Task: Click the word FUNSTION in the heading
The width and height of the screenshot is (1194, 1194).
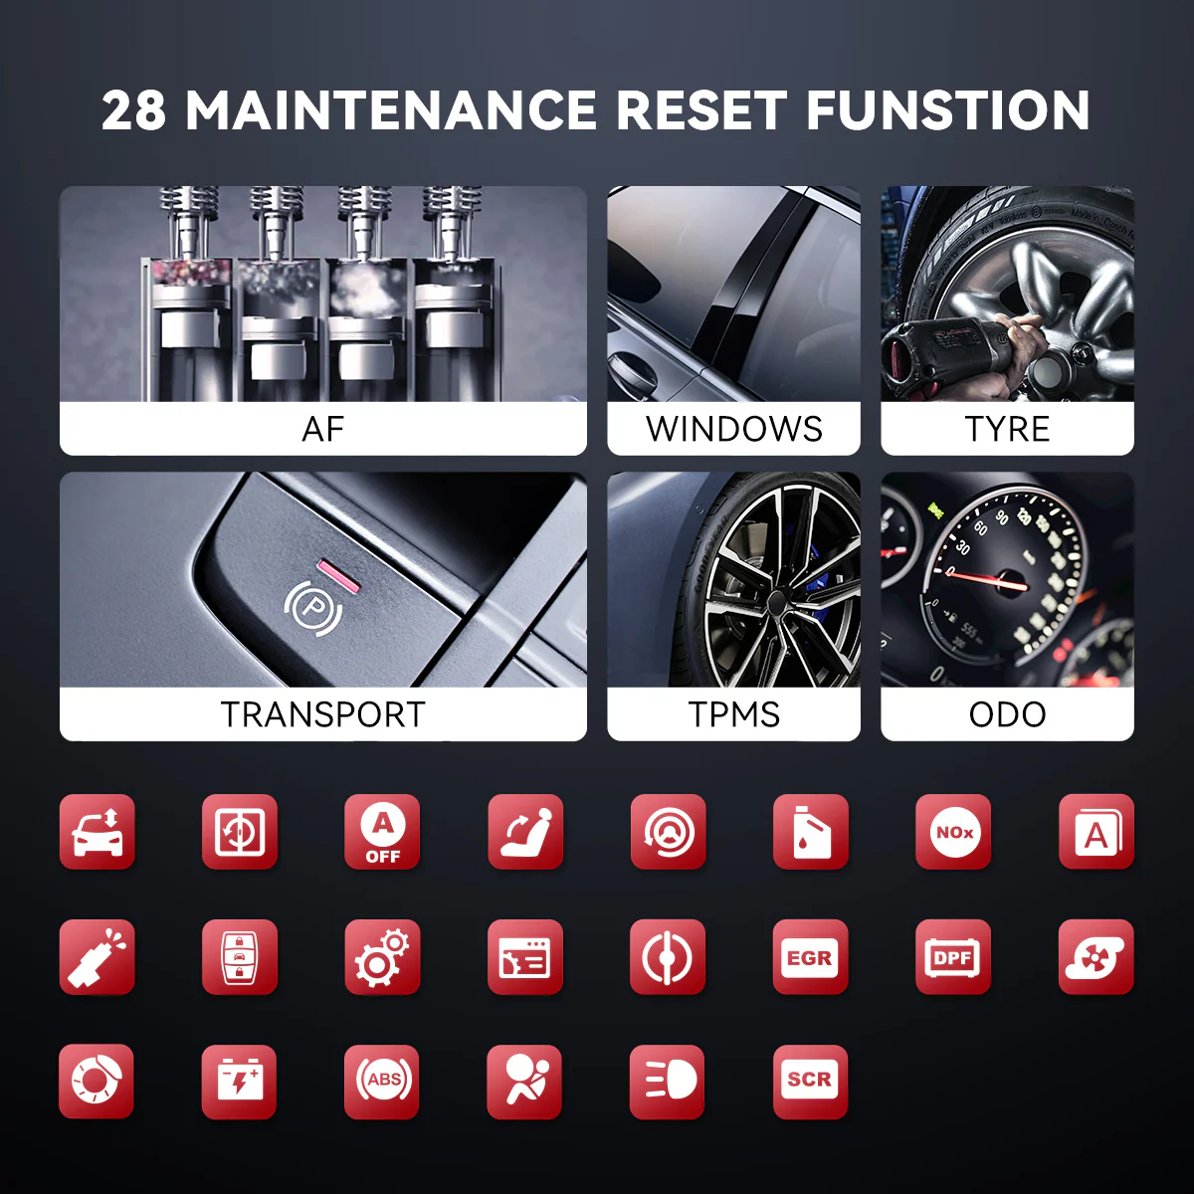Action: [948, 109]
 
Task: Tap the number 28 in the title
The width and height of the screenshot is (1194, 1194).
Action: [134, 110]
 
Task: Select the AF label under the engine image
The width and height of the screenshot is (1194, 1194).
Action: [322, 429]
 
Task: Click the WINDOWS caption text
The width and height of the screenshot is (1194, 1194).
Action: [733, 429]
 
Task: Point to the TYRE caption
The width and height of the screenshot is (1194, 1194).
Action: [1007, 429]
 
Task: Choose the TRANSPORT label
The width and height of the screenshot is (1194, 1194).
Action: [322, 714]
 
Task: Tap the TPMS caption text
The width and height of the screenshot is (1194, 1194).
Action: [733, 714]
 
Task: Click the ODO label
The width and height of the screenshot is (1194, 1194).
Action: [1007, 714]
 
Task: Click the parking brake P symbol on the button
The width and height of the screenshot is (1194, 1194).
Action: [312, 609]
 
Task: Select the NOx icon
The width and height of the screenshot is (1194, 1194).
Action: [953, 832]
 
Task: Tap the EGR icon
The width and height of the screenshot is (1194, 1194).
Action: [810, 957]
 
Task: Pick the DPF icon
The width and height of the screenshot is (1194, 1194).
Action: [953, 957]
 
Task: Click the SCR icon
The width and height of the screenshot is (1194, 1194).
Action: [810, 1082]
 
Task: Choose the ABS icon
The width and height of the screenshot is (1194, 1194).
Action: [382, 1082]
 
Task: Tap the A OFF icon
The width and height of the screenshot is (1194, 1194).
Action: [382, 832]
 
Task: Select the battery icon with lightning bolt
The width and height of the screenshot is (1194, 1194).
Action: [239, 1082]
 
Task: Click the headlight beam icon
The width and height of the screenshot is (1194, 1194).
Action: [668, 1082]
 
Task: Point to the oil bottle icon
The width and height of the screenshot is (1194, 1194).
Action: [811, 832]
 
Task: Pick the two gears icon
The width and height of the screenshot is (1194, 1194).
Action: [382, 957]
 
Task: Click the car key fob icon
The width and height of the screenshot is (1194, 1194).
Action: [239, 957]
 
